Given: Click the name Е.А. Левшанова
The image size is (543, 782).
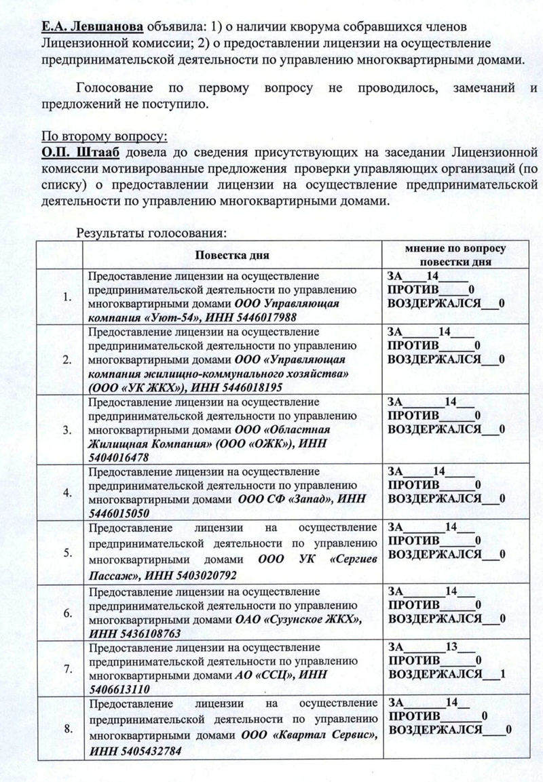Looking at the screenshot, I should [x=93, y=26].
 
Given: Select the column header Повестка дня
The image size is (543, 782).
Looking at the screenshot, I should [x=233, y=256].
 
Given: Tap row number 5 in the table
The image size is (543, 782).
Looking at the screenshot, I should [x=67, y=553].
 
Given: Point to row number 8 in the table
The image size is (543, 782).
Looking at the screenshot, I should [x=67, y=730].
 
